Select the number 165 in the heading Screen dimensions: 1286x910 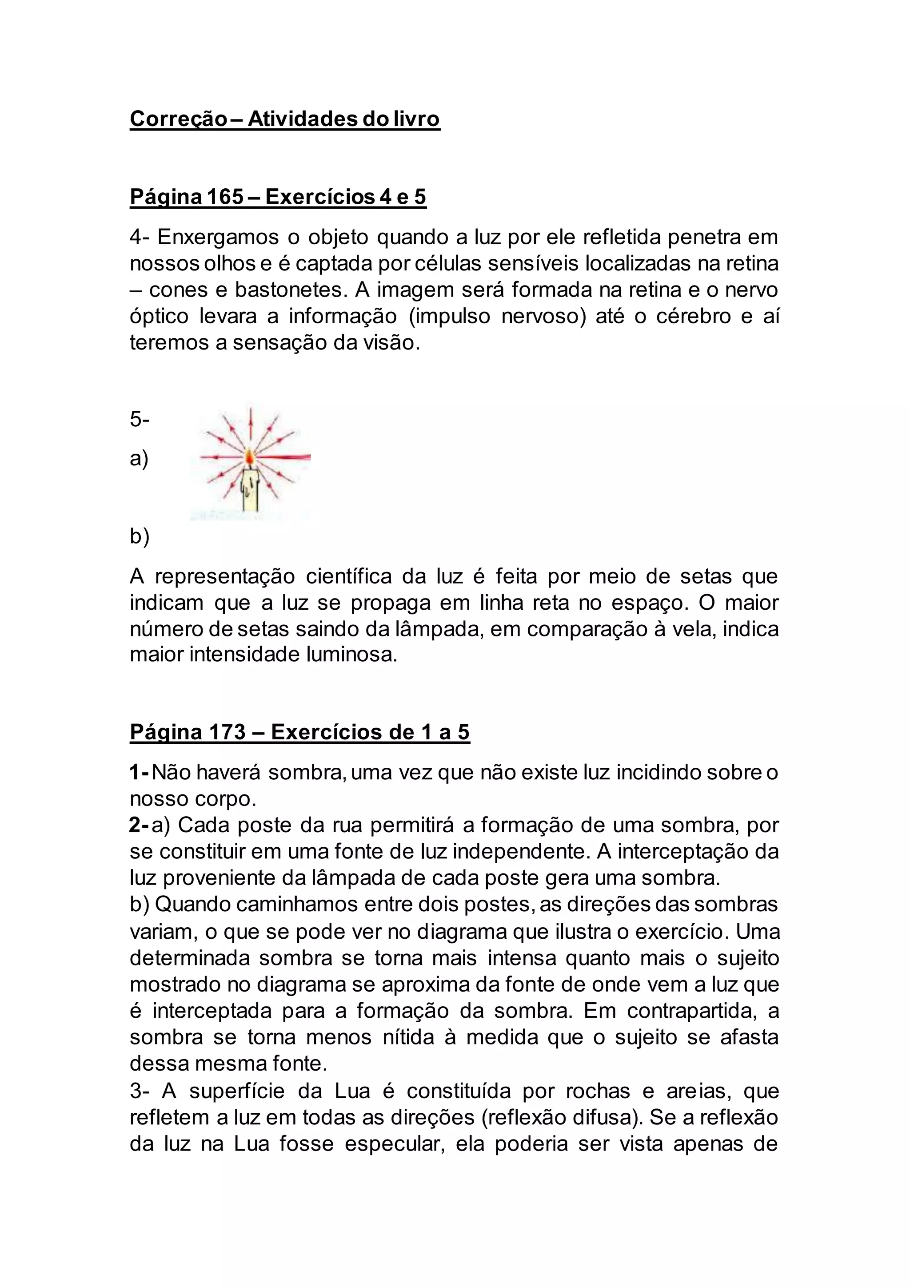pyautogui.click(x=225, y=197)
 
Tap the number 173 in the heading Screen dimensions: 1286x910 pyautogui.click(x=227, y=732)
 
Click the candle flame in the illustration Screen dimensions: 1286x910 pyautogui.click(x=249, y=458)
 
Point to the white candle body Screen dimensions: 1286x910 pyautogui.click(x=251, y=489)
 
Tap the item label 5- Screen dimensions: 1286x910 pyautogui.click(x=140, y=419)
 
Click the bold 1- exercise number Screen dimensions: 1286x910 pyautogui.click(x=138, y=773)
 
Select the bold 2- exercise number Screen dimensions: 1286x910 pyautogui.click(x=138, y=825)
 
